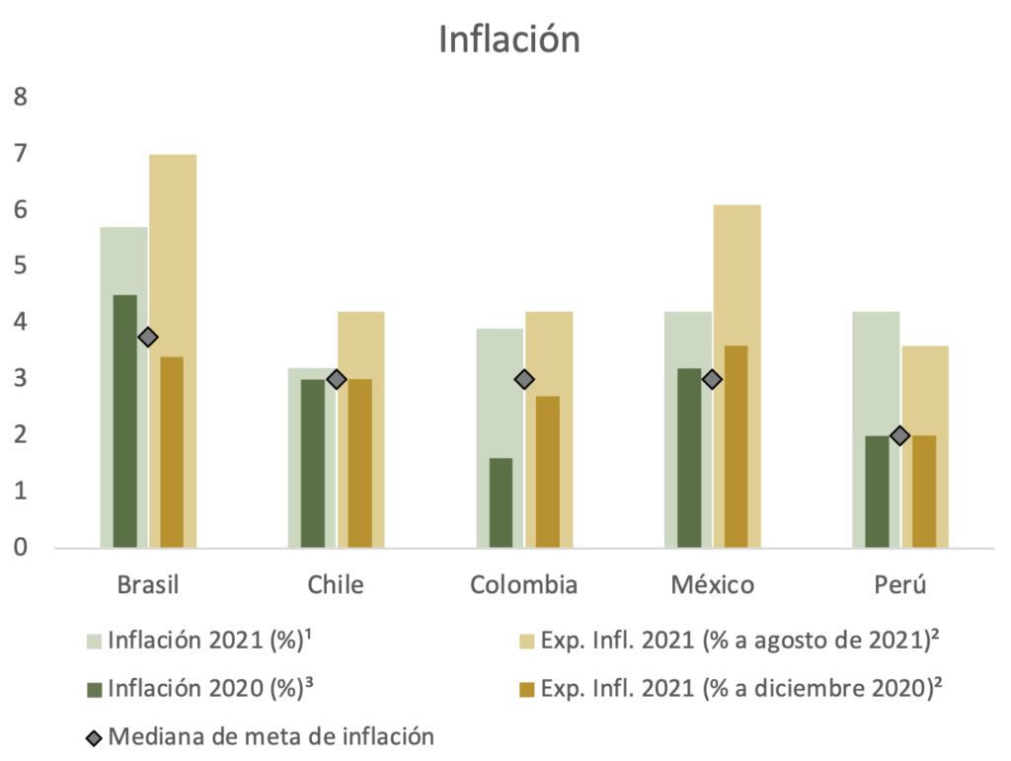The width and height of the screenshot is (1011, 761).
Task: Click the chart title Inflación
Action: (508, 38)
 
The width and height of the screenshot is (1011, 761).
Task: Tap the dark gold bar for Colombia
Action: (548, 471)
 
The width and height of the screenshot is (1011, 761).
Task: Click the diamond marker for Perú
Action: (899, 435)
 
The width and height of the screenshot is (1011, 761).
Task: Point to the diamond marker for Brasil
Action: (148, 338)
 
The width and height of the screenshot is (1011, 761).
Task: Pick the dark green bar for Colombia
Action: (501, 501)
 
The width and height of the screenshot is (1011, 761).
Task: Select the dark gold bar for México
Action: (736, 446)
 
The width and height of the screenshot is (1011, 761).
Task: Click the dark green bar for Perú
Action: (877, 491)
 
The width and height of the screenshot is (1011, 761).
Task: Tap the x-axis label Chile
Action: (336, 584)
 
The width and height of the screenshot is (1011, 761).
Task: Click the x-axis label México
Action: (712, 584)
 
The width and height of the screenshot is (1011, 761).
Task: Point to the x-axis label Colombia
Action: (523, 584)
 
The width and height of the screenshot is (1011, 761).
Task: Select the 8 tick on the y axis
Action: (20, 98)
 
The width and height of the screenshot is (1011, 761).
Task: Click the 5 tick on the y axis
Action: (20, 266)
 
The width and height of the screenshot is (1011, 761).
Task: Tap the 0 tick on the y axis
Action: (20, 548)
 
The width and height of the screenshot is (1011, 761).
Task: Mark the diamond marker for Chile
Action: (336, 379)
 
